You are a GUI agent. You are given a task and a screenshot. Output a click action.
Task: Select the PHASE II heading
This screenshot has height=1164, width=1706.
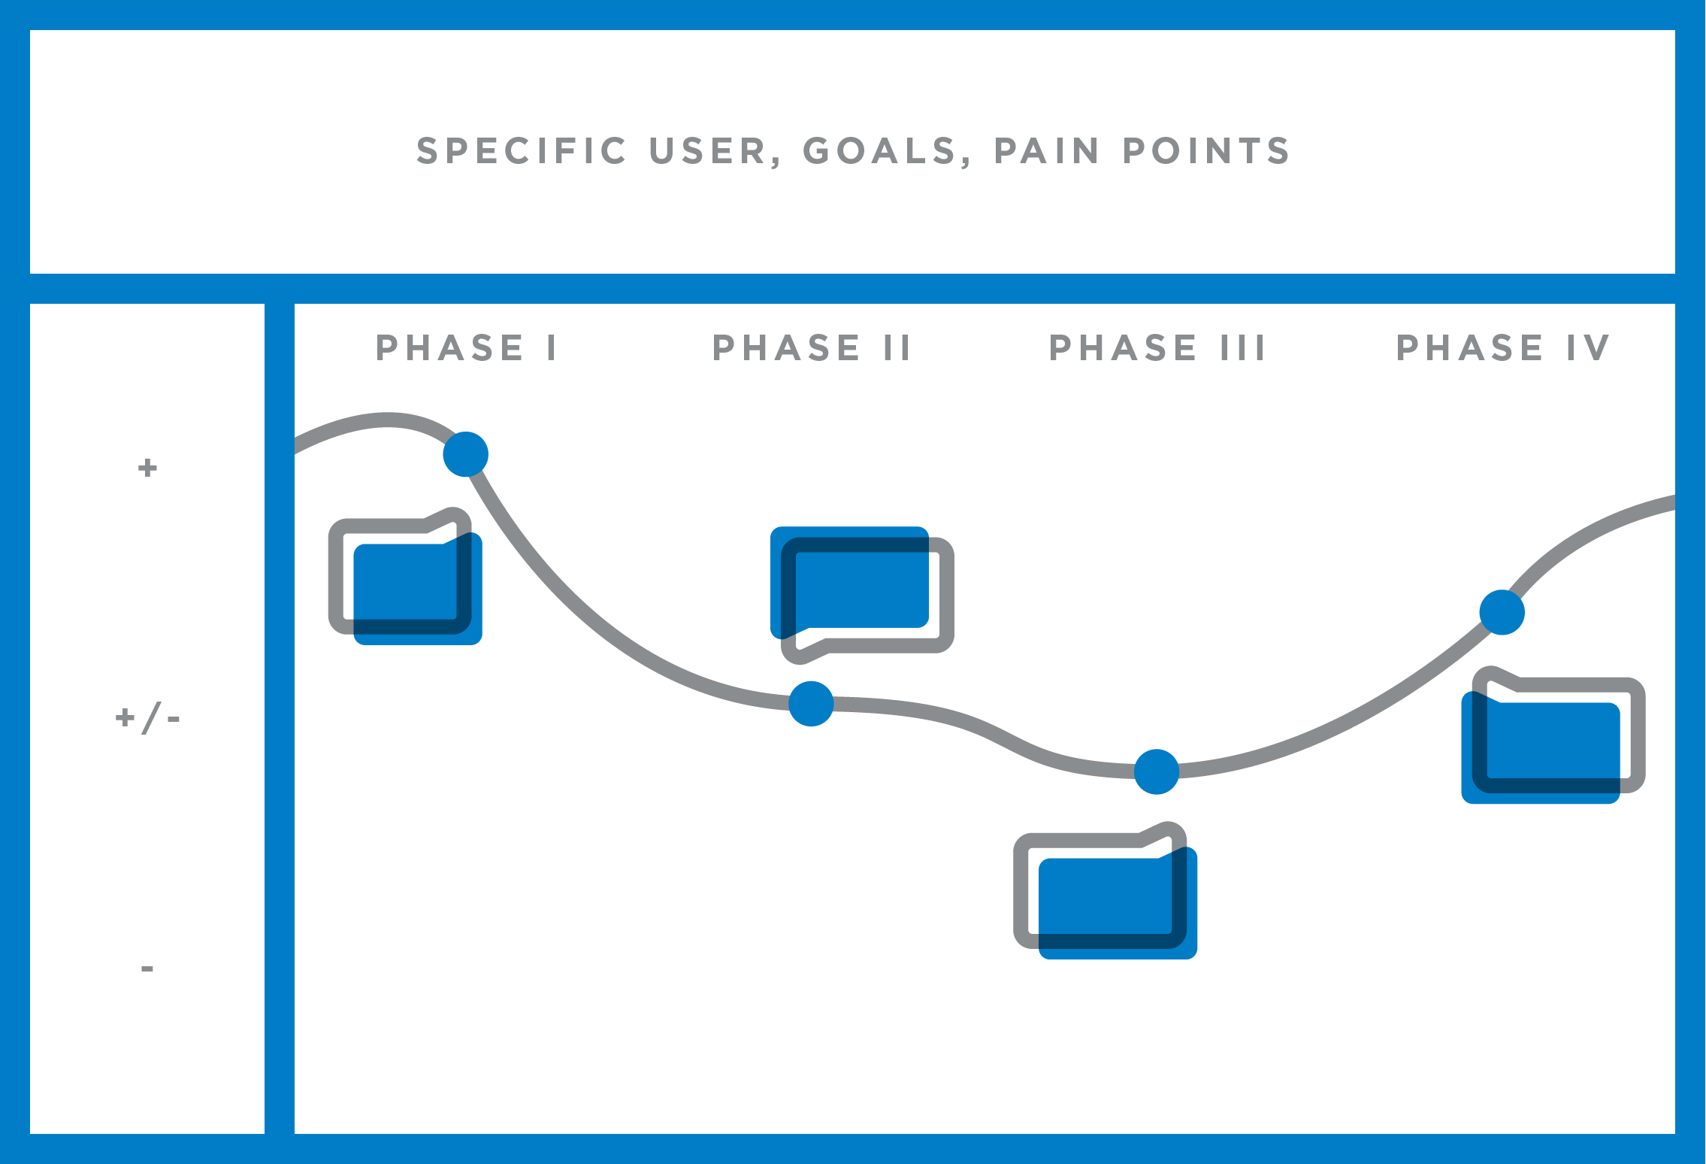tap(812, 348)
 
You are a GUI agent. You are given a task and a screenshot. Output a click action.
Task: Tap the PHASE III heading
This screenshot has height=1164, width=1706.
tap(1157, 348)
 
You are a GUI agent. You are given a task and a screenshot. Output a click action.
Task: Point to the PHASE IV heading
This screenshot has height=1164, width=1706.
tap(1503, 348)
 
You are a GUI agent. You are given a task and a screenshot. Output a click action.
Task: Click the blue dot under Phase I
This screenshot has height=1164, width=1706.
tap(466, 454)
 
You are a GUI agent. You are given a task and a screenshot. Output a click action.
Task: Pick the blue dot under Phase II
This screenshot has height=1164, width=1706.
tap(811, 704)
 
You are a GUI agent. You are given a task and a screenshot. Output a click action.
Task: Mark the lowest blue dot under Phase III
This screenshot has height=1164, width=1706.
tap(1156, 771)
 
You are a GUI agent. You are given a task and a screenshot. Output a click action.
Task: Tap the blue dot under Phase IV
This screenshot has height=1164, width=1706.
tap(1502, 612)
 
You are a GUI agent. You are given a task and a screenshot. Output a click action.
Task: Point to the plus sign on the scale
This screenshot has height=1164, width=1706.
tap(147, 468)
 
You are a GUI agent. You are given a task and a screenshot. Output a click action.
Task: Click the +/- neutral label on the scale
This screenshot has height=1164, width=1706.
tap(147, 718)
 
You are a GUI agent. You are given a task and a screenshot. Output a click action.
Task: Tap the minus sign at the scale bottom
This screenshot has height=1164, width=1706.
tap(147, 968)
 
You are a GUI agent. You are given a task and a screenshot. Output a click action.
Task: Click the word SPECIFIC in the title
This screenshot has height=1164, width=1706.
tap(522, 151)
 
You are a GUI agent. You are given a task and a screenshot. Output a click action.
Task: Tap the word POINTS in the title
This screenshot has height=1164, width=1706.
tap(1207, 151)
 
